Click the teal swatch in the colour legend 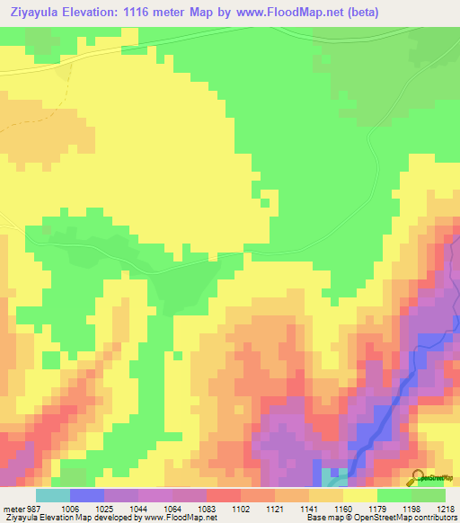point(52,495)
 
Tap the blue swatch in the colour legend point(86,495)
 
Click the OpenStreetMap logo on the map point(432,477)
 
